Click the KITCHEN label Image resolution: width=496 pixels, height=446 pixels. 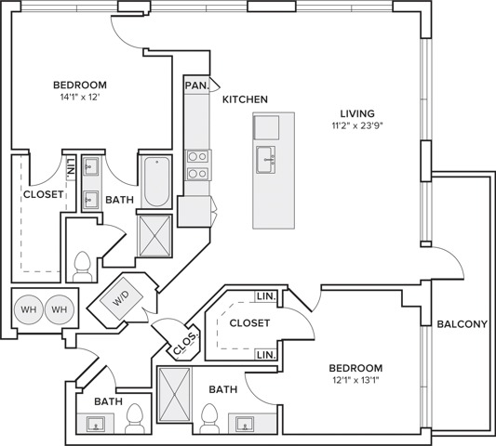[x=245, y=99]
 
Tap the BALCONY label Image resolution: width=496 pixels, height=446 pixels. [x=462, y=324]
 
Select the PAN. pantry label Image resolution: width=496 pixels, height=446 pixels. [x=196, y=85]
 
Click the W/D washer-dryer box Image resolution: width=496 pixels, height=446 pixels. [x=121, y=298]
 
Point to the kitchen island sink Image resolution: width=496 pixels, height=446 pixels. [x=265, y=160]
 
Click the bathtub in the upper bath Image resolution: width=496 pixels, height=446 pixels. [x=157, y=181]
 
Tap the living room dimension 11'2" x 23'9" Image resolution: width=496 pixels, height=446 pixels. [x=357, y=126]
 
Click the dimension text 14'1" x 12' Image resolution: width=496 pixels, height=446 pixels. [x=80, y=98]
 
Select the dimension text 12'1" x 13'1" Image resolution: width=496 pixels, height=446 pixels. [x=355, y=381]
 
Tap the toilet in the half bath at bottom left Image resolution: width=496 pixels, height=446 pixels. [x=135, y=418]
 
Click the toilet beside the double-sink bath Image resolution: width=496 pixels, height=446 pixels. [x=82, y=267]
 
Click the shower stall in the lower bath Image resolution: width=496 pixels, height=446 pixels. [x=174, y=394]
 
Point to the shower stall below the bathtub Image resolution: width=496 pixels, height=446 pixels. [x=155, y=236]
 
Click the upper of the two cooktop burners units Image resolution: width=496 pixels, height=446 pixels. [x=197, y=156]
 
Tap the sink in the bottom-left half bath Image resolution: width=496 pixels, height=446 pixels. [x=96, y=424]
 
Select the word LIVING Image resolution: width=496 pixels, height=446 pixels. [x=357, y=113]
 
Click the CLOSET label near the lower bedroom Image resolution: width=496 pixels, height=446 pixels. [x=249, y=323]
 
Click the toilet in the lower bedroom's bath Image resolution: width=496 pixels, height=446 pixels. [x=210, y=418]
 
